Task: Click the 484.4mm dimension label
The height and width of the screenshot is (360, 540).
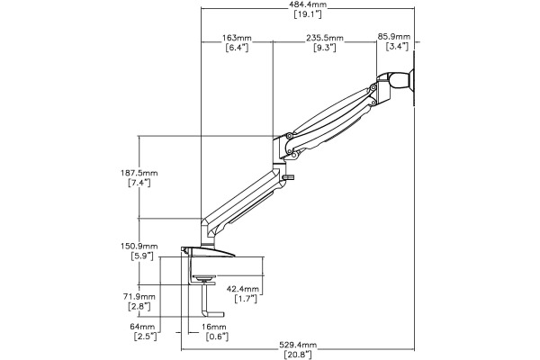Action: click(x=307, y=5)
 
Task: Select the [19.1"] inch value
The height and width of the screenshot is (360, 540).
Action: click(x=307, y=15)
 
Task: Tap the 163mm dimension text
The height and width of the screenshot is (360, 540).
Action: click(x=238, y=38)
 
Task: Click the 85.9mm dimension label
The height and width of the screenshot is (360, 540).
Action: click(x=393, y=38)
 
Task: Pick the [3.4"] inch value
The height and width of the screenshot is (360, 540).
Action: click(x=393, y=48)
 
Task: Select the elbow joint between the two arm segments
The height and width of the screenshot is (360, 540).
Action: click(x=287, y=144)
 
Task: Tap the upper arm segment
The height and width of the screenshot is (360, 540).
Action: click(x=333, y=112)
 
